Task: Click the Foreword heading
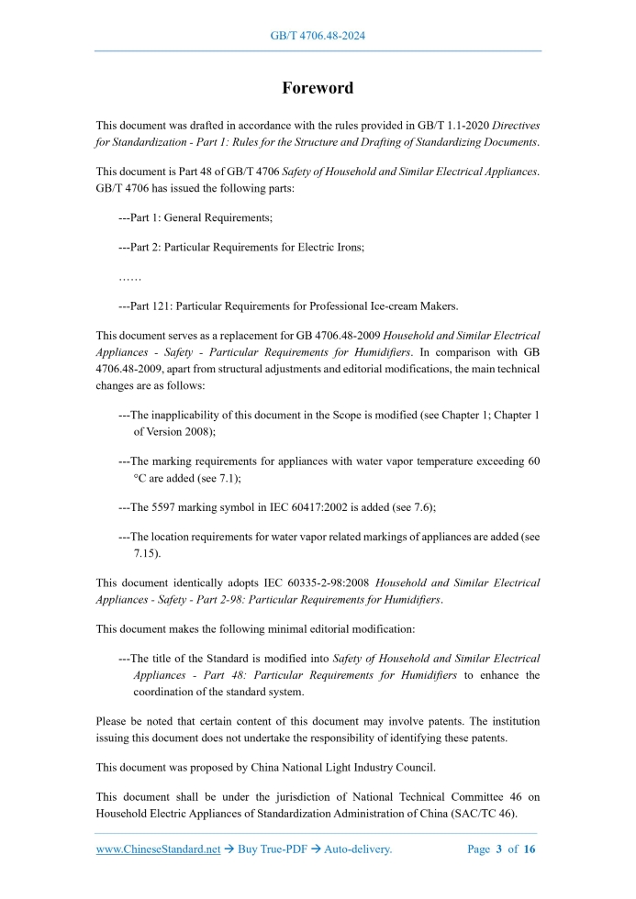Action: (317, 88)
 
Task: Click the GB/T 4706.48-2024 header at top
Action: (318, 36)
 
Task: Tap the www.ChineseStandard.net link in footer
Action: (158, 849)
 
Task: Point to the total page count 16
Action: (529, 849)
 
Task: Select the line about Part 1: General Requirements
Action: (195, 217)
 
